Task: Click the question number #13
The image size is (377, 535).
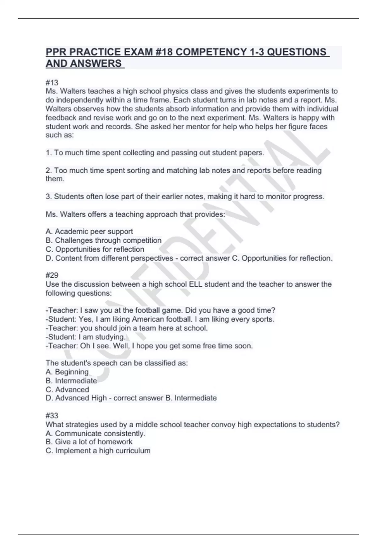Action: pyautogui.click(x=52, y=83)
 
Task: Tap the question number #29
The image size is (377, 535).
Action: pyautogui.click(x=52, y=275)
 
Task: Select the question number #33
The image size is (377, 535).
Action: pyautogui.click(x=52, y=416)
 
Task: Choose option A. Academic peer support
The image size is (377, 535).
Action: pyautogui.click(x=89, y=232)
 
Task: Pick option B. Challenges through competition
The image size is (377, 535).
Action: pyautogui.click(x=103, y=240)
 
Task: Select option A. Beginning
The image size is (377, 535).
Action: pyautogui.click(x=67, y=372)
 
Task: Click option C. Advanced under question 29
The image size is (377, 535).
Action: pyautogui.click(x=67, y=390)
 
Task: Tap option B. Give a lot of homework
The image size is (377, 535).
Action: pyautogui.click(x=89, y=442)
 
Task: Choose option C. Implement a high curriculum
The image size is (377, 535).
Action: pyautogui.click(x=98, y=451)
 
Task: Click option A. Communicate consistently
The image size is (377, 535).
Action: pyautogui.click(x=96, y=433)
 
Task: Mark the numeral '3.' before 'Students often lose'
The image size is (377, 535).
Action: pyautogui.click(x=49, y=197)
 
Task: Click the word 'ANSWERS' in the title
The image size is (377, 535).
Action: pyautogui.click(x=96, y=64)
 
